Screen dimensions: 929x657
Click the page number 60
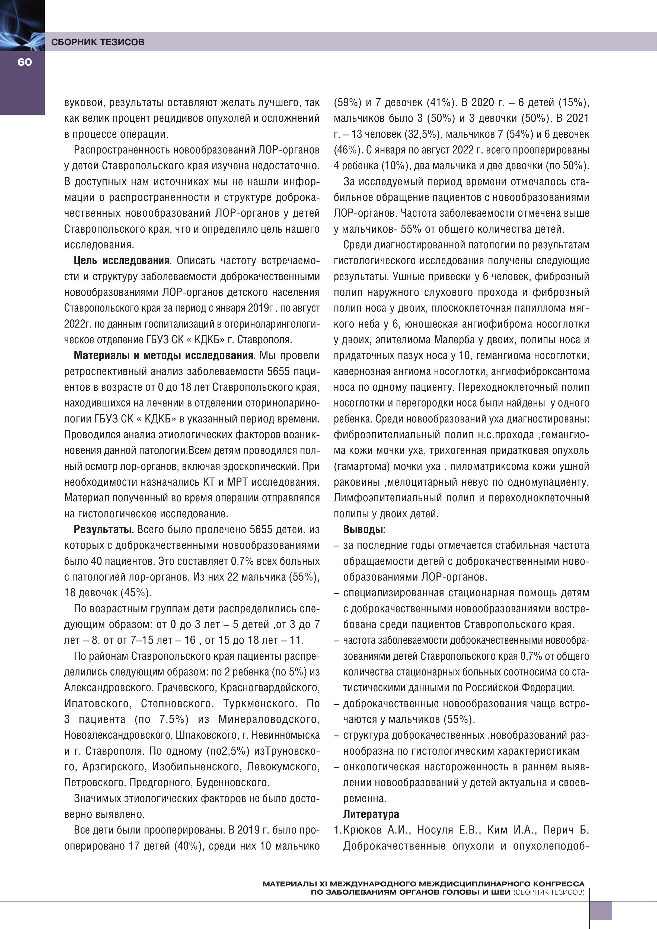[x=24, y=62]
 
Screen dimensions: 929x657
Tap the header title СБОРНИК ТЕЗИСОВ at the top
[x=98, y=42]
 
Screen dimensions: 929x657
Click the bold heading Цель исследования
[x=123, y=261]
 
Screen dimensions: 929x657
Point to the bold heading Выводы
[x=364, y=529]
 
